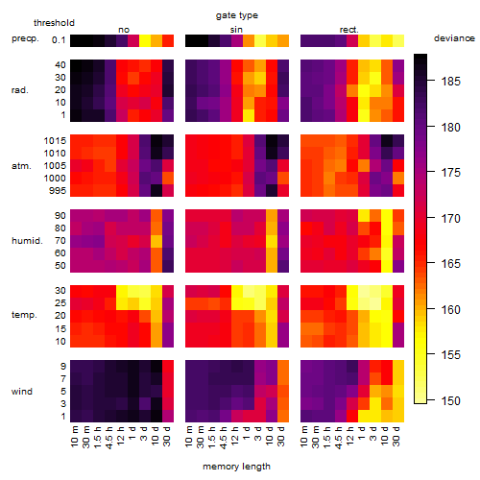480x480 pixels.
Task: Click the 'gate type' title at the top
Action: coord(237,15)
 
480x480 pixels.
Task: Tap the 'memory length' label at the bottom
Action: coord(236,467)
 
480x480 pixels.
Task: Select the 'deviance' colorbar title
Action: coord(454,38)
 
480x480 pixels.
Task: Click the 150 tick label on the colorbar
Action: coord(451,400)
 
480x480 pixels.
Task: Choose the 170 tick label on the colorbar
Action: coord(451,219)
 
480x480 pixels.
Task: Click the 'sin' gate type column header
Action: coord(236,30)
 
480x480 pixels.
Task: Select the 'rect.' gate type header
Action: coord(349,30)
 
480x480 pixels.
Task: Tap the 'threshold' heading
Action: coord(54,23)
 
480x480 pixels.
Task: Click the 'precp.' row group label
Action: coord(25,38)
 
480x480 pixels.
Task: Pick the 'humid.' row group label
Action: coord(27,241)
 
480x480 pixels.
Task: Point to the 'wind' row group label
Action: coord(22,392)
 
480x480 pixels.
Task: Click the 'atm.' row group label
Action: coord(21,166)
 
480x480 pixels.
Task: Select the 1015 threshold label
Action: coord(55,141)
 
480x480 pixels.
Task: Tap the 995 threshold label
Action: coord(58,191)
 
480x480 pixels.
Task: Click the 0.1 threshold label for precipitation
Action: coord(59,40)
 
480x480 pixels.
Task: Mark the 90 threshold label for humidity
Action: coord(60,216)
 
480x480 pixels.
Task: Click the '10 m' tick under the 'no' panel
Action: coord(74,436)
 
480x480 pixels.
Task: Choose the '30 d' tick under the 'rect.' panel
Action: coord(396,436)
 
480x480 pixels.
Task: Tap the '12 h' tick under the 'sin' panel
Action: coord(235,436)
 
